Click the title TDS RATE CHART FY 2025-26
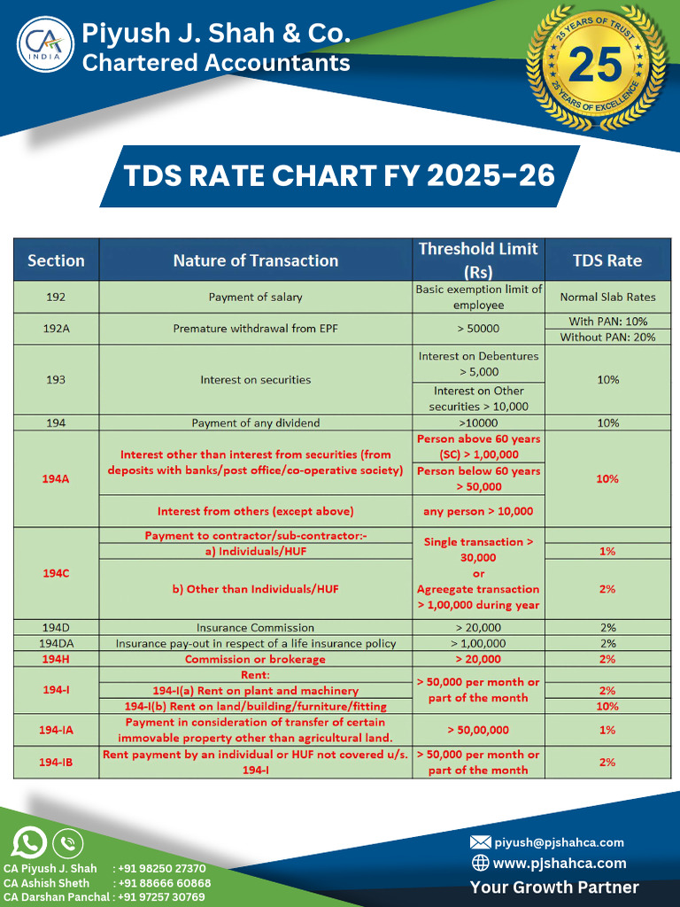(339, 175)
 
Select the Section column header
(56, 260)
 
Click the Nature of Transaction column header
(255, 260)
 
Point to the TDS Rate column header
(607, 260)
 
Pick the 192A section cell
(56, 329)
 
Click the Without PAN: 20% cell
(607, 337)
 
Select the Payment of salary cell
(255, 297)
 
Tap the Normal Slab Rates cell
(607, 297)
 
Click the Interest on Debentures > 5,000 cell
(478, 364)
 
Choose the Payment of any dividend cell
(255, 422)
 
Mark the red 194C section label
(56, 573)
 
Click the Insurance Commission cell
(255, 627)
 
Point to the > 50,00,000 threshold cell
(478, 730)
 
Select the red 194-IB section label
(56, 762)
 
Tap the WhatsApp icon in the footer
(30, 841)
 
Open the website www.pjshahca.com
(559, 863)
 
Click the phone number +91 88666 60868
(164, 883)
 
